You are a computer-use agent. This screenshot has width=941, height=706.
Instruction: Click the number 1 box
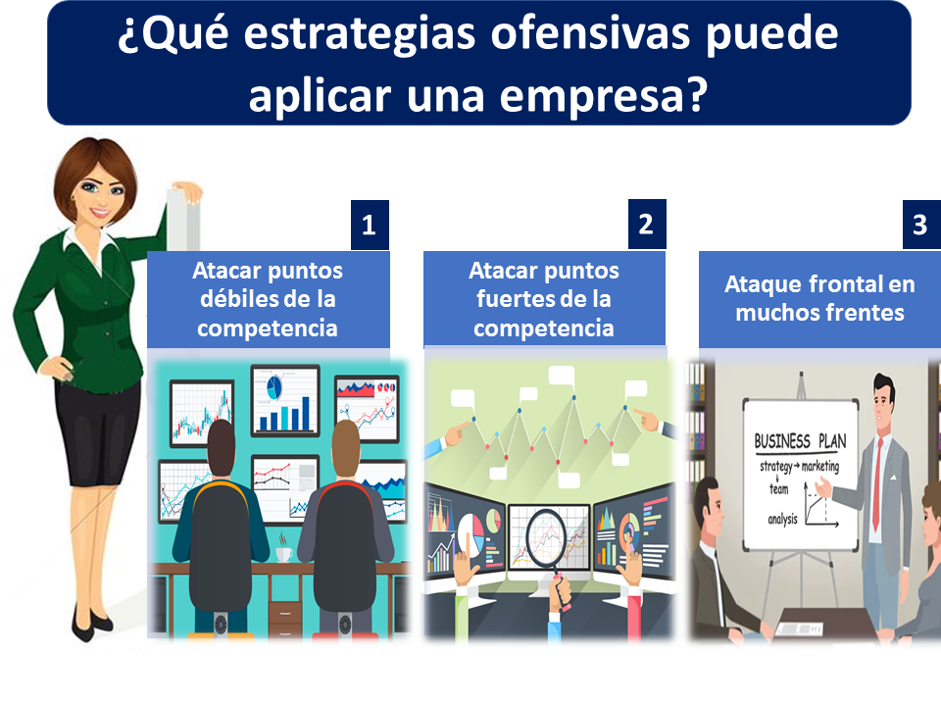(370, 225)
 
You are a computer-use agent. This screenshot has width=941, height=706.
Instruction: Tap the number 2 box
(647, 224)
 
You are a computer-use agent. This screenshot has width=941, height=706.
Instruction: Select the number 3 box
(921, 225)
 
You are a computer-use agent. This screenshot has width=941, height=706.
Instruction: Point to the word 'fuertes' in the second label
(514, 298)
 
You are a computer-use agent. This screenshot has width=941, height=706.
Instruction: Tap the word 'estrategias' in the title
(360, 34)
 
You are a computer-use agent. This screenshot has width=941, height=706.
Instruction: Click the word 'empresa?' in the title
(604, 95)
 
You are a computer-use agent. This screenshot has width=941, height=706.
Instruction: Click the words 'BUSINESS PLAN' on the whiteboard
(800, 441)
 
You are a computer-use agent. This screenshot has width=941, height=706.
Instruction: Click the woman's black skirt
(97, 431)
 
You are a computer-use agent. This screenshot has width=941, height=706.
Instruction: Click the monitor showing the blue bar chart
(285, 400)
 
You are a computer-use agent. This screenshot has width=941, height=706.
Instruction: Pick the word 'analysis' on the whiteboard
(782, 519)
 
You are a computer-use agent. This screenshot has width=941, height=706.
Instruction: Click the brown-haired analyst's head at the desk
(345, 447)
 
